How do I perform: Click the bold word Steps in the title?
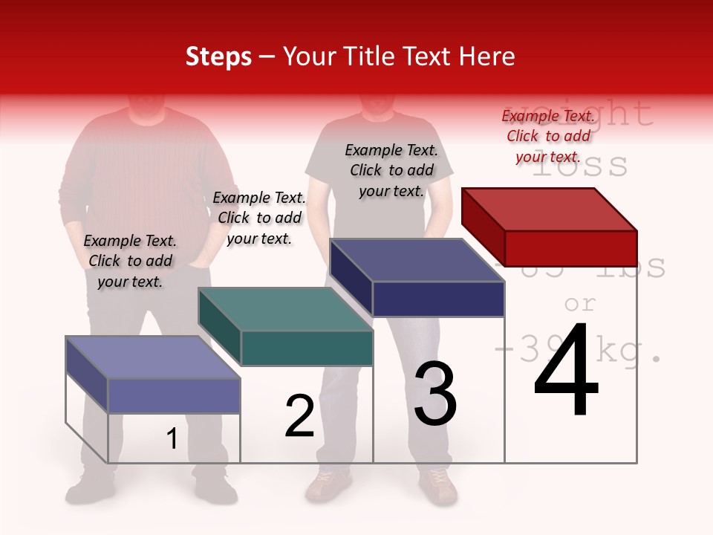pyautogui.click(x=218, y=56)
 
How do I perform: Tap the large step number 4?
pyautogui.click(x=566, y=372)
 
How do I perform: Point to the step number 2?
pyautogui.click(x=299, y=417)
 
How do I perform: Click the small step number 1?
pyautogui.click(x=172, y=439)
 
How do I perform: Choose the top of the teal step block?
pyautogui.click(x=285, y=309)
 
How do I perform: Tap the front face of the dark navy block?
pyautogui.click(x=438, y=299)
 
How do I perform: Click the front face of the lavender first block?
pyautogui.click(x=174, y=395)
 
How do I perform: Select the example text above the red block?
pyautogui.click(x=548, y=136)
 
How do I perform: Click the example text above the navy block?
pyautogui.click(x=391, y=170)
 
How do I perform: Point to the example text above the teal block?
pyautogui.click(x=259, y=218)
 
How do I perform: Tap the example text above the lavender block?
pyautogui.click(x=130, y=261)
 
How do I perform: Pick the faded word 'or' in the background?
pyautogui.click(x=580, y=303)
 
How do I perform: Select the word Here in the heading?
pyautogui.click(x=487, y=56)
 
